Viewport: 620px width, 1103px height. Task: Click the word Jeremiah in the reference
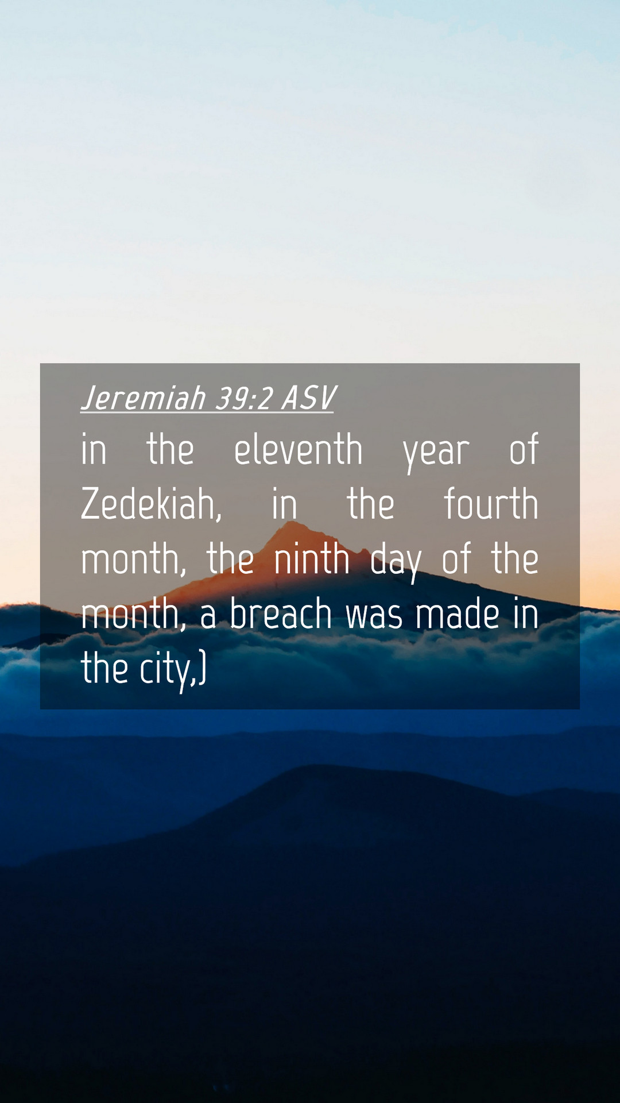144,398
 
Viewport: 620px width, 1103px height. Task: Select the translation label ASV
308,398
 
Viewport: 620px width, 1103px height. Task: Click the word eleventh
299,449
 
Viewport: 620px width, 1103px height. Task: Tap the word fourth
491,503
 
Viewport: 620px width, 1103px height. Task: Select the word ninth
312,558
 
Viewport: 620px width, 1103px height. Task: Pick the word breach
281,613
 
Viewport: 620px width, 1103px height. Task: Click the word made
458,613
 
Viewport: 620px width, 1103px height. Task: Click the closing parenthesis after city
202,668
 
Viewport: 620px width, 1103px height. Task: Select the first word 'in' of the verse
94,449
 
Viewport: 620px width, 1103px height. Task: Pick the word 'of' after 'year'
524,449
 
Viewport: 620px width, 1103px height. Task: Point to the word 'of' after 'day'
456,558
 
